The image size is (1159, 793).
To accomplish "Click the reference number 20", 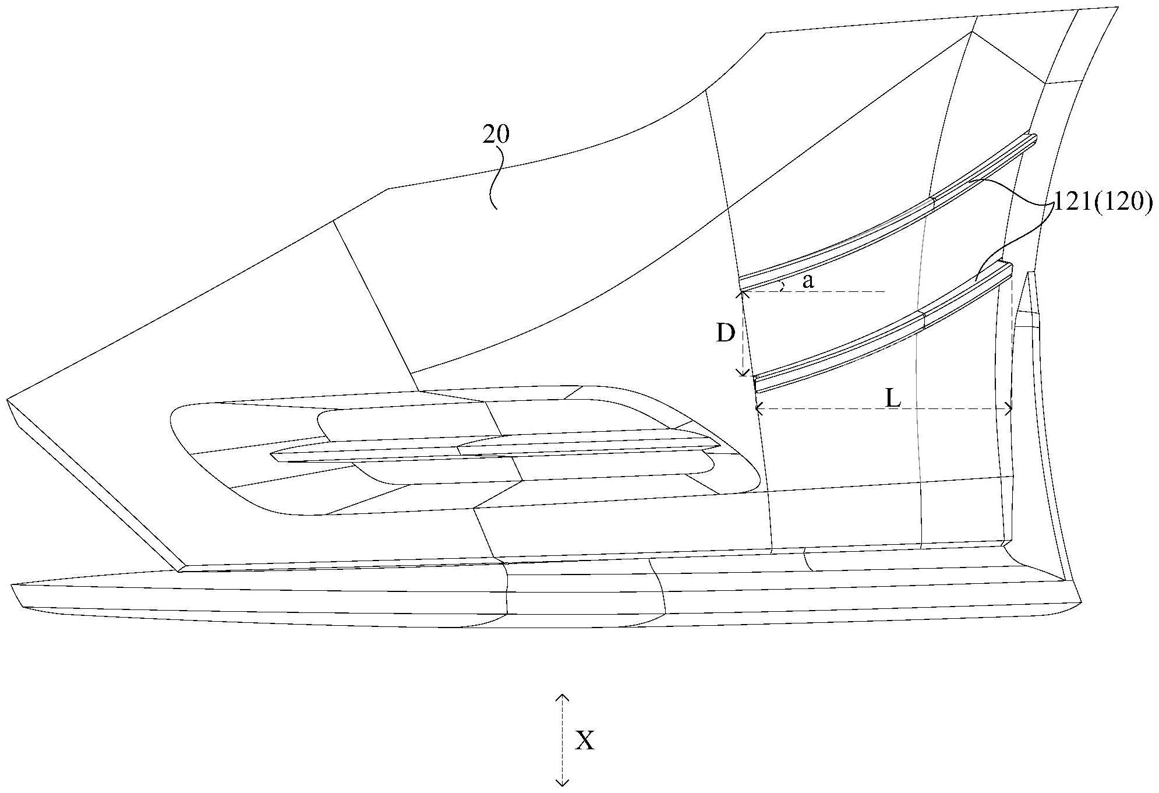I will [x=496, y=135].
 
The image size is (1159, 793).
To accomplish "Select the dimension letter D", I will [x=725, y=334].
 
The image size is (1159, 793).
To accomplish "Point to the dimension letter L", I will [x=893, y=399].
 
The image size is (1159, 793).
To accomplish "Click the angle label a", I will [x=808, y=282].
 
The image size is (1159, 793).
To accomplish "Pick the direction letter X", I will [x=585, y=741].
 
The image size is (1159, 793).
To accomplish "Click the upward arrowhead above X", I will [x=562, y=697].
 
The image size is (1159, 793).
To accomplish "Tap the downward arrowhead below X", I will [x=562, y=782].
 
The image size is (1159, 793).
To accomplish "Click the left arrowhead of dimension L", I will [x=759, y=410].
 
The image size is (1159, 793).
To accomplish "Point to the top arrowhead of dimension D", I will [x=742, y=295].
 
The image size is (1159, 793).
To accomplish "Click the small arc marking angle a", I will [x=783, y=285].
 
